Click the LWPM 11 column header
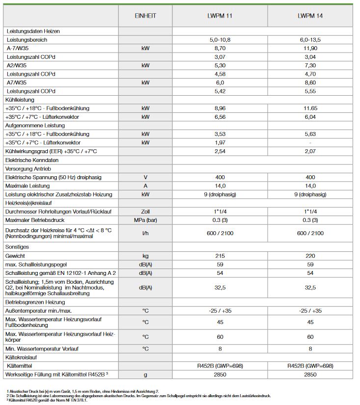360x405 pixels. click(x=220, y=16)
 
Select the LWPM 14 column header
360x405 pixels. click(x=310, y=16)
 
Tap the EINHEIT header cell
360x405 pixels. click(x=145, y=16)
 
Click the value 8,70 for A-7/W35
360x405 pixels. click(x=220, y=48)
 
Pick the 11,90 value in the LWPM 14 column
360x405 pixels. click(x=310, y=48)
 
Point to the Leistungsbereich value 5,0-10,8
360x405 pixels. click(x=220, y=39)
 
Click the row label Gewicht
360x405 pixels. click(x=15, y=256)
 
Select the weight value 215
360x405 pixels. click(x=220, y=256)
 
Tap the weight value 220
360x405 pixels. click(x=310, y=256)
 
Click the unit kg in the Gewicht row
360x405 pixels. click(x=145, y=256)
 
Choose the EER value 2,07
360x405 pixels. click(x=310, y=151)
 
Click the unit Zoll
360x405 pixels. click(x=145, y=212)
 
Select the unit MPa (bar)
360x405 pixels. click(x=145, y=220)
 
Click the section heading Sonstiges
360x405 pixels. click(x=17, y=247)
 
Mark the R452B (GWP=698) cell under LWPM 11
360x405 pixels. click(x=220, y=366)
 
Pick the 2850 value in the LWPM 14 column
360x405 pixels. click(x=310, y=375)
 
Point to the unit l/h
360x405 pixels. click(x=145, y=233)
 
